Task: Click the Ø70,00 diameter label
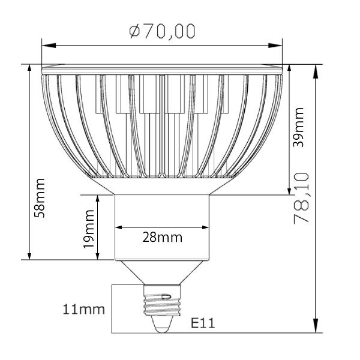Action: pos(162,31)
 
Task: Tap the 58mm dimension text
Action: pos(40,197)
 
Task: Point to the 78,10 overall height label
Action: pos(301,198)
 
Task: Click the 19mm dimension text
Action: pos(89,229)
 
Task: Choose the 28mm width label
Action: pos(162,236)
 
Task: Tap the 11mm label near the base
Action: pos(84,310)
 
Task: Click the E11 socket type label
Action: pos(203,323)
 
